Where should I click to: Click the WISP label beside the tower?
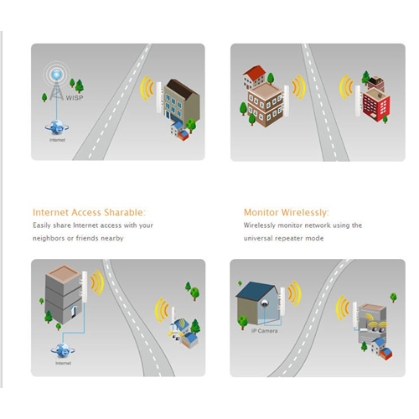coord(75,98)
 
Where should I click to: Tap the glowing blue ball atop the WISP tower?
coord(56,75)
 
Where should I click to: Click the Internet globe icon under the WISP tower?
coord(57,127)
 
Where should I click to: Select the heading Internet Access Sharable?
coord(89,213)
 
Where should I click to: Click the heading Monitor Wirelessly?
coord(287,213)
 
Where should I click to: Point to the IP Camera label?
coord(264,331)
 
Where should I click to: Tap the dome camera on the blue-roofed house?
coord(264,303)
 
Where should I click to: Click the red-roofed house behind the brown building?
coord(254,76)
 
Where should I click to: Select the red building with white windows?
coord(375,104)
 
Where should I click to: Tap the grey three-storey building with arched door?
coord(65,295)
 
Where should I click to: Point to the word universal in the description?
coord(258,238)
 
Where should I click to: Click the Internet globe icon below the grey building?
coord(63,350)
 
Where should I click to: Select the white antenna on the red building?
coord(358,101)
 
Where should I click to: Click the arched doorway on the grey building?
coord(74,312)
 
